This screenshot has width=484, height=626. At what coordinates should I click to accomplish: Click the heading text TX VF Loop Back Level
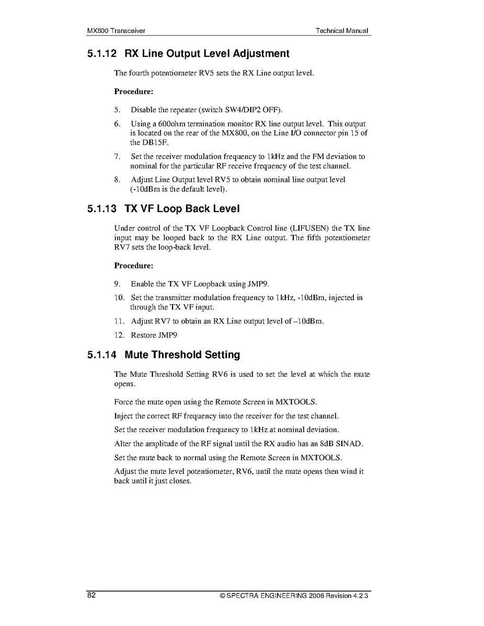[182, 209]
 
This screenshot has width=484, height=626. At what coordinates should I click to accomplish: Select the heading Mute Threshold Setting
[182, 355]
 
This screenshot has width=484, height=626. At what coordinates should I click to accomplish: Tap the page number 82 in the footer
[91, 596]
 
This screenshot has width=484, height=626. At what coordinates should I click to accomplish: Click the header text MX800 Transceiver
[116, 31]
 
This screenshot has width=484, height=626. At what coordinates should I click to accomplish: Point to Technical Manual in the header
[342, 31]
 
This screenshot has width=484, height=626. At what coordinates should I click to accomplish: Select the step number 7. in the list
[118, 156]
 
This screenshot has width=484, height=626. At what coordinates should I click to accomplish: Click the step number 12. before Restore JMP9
[119, 335]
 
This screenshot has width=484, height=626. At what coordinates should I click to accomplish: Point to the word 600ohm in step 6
[169, 124]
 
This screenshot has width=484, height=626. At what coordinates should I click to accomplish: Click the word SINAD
[349, 444]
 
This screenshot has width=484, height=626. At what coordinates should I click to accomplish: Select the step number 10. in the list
[119, 298]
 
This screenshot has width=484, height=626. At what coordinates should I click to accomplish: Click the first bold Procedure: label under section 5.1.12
[133, 91]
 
